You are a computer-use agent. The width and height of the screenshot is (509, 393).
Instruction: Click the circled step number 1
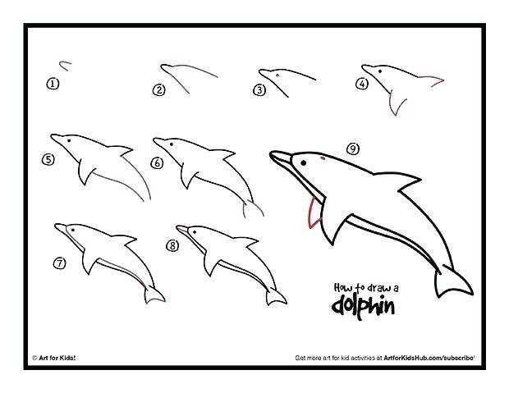pyautogui.click(x=53, y=83)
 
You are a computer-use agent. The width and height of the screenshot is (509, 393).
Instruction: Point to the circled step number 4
pyautogui.click(x=360, y=82)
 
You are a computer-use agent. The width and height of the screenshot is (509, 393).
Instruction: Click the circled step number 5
pyautogui.click(x=48, y=160)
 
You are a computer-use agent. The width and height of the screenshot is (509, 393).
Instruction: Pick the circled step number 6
pyautogui.click(x=157, y=162)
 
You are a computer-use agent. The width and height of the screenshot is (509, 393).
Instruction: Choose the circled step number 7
pyautogui.click(x=59, y=263)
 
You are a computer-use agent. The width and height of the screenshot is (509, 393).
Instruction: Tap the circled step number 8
pyautogui.click(x=172, y=245)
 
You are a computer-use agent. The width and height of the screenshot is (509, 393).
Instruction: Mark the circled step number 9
pyautogui.click(x=352, y=149)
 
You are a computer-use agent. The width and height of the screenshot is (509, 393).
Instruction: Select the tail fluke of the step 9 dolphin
pyautogui.click(x=451, y=282)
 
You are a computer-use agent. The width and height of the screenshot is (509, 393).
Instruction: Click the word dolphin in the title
pyautogui.click(x=363, y=307)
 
